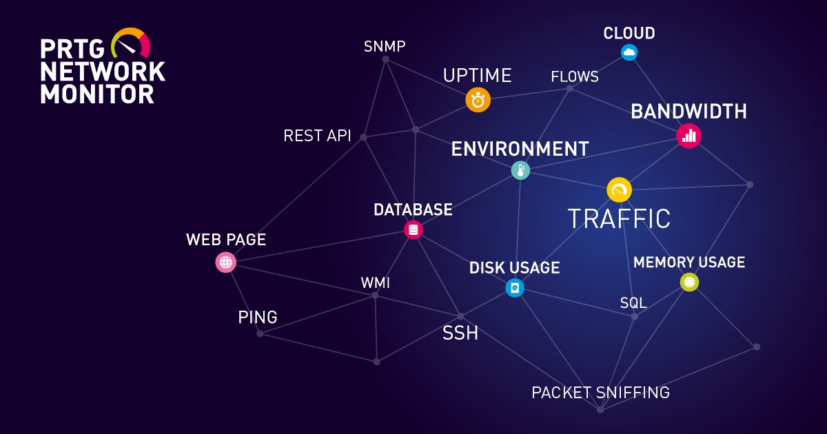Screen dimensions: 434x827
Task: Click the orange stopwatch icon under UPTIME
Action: (478, 99)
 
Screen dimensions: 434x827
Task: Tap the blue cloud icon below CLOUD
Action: (629, 52)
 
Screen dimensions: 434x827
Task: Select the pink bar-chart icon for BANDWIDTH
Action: (688, 136)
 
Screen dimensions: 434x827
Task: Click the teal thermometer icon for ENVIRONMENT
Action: (520, 170)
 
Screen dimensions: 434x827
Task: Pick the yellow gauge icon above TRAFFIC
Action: (619, 190)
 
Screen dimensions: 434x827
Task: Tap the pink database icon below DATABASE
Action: (413, 230)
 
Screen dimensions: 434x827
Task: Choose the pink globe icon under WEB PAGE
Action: (225, 262)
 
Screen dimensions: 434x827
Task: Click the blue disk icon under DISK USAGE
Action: (515, 287)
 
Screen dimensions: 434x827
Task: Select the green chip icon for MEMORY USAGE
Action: (689, 282)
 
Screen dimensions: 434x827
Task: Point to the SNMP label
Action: (385, 47)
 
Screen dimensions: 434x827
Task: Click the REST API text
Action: (317, 136)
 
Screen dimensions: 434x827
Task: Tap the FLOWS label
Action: (575, 76)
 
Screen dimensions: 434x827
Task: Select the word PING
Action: (258, 318)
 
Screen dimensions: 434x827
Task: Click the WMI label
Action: (376, 283)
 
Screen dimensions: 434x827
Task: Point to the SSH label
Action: (460, 334)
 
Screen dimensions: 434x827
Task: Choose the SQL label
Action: (633, 303)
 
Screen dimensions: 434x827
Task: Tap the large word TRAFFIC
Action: (619, 218)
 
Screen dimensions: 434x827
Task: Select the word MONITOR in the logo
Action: (97, 94)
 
